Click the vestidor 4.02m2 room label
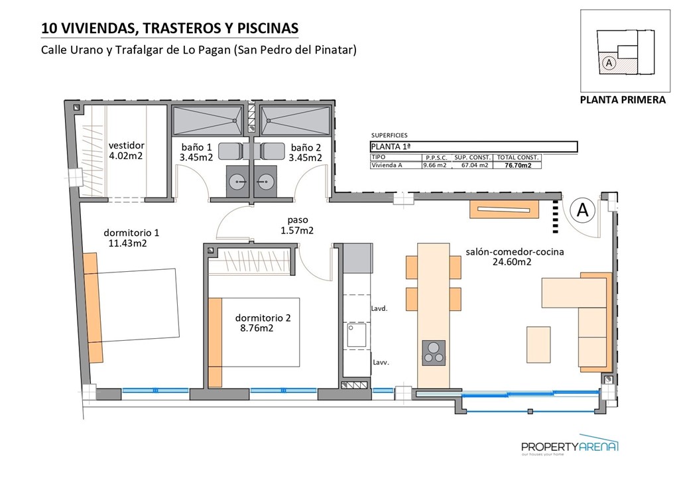tap(126, 150)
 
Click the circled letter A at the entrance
tap(582, 210)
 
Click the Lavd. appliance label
tap(379, 308)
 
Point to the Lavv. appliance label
tap(379, 363)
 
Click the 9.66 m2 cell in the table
tap(435, 166)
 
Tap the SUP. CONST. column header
tap(472, 157)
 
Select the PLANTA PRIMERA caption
tap(622, 100)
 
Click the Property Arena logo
tap(570, 448)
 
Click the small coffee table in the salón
tap(538, 344)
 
